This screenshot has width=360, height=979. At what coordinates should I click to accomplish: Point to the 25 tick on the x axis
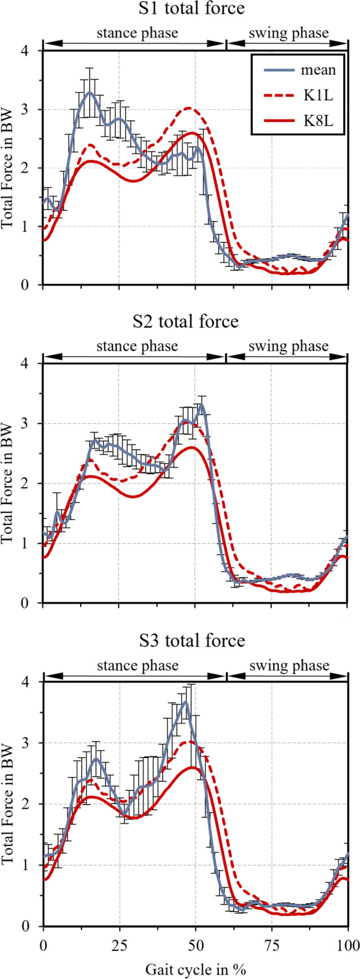pos(119,946)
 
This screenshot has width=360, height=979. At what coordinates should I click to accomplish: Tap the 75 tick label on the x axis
pos(272,946)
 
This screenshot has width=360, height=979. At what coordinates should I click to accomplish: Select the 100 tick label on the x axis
pos(347,946)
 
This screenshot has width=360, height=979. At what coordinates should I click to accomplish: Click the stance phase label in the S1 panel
pos(137,33)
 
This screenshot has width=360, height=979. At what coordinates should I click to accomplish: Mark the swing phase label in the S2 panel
pos(288,346)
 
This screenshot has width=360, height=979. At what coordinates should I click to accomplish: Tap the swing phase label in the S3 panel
pos(288,665)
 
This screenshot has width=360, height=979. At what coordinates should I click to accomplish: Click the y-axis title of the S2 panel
pos(7,483)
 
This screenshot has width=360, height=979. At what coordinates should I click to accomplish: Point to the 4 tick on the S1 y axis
pos(32,51)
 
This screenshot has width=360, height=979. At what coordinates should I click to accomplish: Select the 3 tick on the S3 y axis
pos(32,743)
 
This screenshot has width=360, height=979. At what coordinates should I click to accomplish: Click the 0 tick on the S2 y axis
pos(32,603)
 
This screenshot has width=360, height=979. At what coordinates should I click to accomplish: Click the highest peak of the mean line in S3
pos(185,702)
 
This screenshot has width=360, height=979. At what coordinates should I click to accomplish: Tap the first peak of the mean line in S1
pos(89,92)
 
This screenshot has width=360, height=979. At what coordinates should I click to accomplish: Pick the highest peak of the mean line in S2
pos(201,404)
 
